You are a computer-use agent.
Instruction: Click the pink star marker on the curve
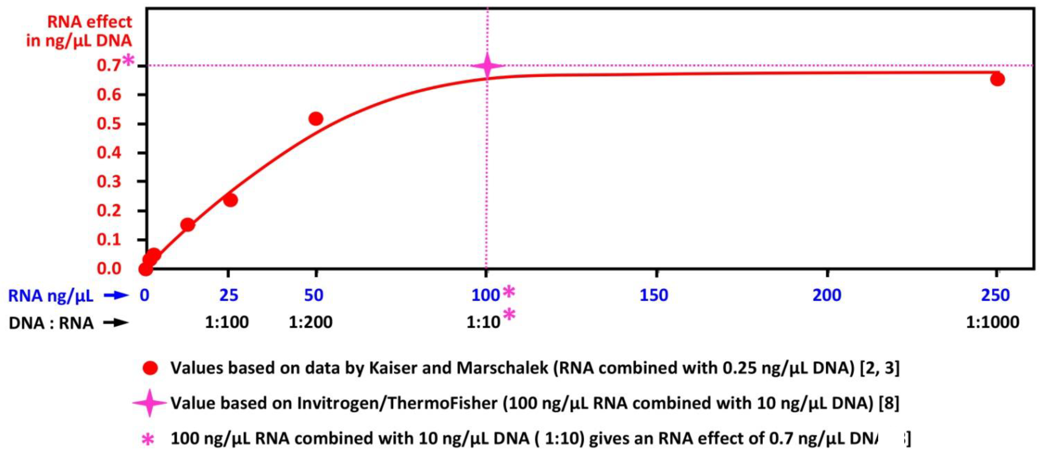click(487, 66)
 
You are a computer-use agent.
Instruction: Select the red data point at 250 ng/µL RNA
click(997, 79)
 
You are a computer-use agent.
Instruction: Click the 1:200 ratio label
click(311, 322)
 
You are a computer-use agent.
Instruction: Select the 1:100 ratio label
click(227, 322)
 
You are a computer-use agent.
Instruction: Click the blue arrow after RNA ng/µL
click(116, 296)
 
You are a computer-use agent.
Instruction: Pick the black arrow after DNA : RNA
click(116, 323)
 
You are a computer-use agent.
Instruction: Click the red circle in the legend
click(150, 368)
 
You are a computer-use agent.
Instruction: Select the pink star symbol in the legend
click(150, 403)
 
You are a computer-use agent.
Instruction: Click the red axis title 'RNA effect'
click(90, 22)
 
